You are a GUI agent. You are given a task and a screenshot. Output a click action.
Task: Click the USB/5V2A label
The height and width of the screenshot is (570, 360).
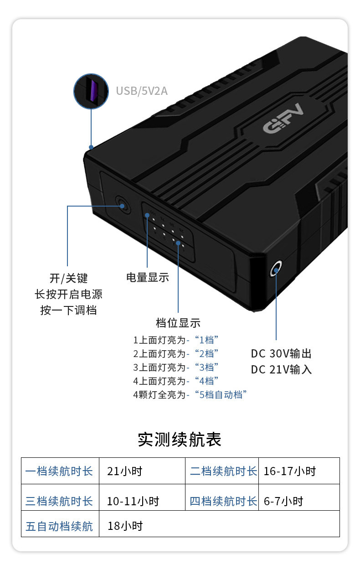pos(142,91)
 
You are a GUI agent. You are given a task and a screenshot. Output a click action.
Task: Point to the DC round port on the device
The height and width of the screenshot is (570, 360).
pos(276,269)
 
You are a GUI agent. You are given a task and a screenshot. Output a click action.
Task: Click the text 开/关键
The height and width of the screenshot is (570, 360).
pos(68,278)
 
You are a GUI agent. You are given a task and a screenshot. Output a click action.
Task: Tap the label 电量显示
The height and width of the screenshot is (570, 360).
pos(148,277)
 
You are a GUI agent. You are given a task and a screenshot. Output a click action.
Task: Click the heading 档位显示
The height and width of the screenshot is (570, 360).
pos(178,323)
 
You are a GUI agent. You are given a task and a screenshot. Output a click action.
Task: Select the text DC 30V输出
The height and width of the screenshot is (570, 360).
pos(281,354)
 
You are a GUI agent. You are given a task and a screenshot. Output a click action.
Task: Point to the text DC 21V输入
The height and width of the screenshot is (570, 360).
pos(281,369)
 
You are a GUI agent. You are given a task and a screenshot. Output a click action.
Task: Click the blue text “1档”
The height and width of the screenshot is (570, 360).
pos(206,340)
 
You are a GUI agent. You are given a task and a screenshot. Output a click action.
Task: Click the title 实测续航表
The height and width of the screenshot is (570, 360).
pos(180,440)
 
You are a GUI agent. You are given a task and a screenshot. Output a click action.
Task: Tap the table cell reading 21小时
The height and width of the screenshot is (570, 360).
pos(124,471)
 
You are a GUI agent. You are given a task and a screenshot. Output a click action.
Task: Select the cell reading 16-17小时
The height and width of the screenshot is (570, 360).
pos(289,471)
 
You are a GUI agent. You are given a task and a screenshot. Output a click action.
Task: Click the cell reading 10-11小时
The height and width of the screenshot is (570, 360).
pos(133,502)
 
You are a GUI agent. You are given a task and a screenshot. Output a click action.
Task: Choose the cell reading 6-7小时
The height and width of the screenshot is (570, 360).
pos(283,502)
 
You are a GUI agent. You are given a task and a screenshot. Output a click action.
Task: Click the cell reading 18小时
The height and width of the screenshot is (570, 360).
pos(125,526)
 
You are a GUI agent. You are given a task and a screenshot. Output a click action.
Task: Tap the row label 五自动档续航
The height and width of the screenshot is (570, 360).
pos(59,527)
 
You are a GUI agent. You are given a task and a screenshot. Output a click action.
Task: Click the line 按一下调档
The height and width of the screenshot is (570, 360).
pos(68,311)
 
